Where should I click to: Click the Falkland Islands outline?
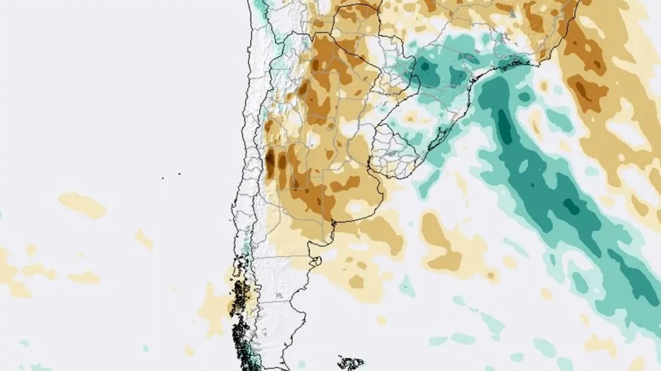click(351, 363)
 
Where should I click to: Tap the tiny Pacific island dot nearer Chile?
click(179, 174)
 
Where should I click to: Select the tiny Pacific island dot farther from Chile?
click(163, 178)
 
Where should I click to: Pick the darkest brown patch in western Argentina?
click(270, 160)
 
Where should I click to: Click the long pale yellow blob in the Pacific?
click(83, 204)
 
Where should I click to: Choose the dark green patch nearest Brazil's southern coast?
click(457, 74)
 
